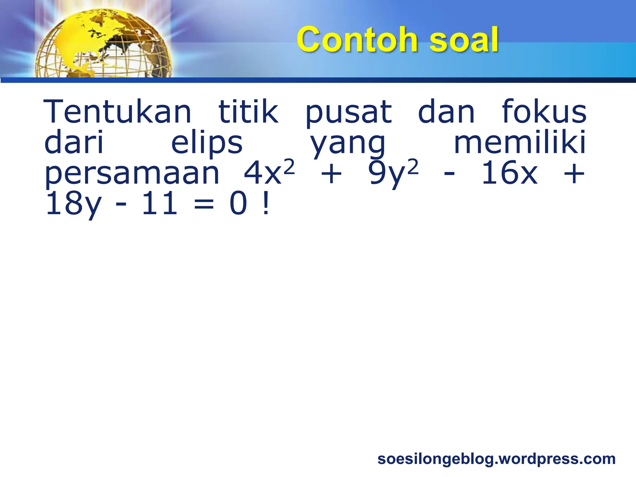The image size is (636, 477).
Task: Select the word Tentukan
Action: pos(118,111)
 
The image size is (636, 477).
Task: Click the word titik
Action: pos(248,111)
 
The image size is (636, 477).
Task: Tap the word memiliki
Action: pos(520,142)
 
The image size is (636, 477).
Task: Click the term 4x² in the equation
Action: pos(269,172)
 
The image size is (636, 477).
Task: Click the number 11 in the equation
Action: pos(159,204)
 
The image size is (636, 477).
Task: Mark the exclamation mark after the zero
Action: pos(266,204)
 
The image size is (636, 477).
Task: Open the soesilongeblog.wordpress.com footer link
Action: pos(496,459)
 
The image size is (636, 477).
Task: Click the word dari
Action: pos(74,143)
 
